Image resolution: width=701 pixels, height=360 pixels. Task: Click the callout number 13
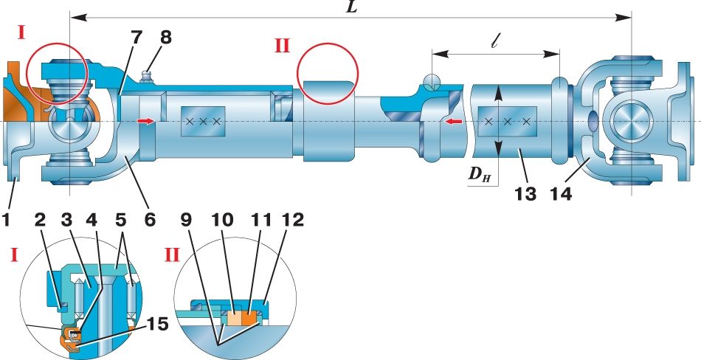[x=525, y=194]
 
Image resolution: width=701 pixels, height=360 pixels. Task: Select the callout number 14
[x=560, y=194]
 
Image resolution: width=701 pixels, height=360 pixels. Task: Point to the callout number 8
[x=165, y=37]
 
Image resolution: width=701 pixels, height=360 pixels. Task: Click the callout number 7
[x=137, y=37]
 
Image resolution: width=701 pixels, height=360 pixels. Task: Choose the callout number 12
[x=292, y=219]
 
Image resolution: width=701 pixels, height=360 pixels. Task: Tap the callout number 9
[x=186, y=219]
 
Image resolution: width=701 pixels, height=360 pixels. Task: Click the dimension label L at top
[x=353, y=7]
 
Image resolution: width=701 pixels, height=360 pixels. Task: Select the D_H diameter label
[x=479, y=174]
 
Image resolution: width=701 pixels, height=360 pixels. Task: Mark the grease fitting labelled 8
[x=145, y=77]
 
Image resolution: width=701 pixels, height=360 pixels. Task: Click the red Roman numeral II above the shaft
[x=282, y=46]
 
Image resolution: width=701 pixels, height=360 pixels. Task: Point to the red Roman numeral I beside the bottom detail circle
[x=14, y=255]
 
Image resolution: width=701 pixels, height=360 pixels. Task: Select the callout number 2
[x=41, y=219]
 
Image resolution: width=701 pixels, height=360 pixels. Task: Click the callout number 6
[x=149, y=219]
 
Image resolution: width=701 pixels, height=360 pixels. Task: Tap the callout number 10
[x=223, y=219]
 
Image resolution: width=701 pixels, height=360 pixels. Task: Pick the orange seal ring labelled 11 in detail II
[x=251, y=318]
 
